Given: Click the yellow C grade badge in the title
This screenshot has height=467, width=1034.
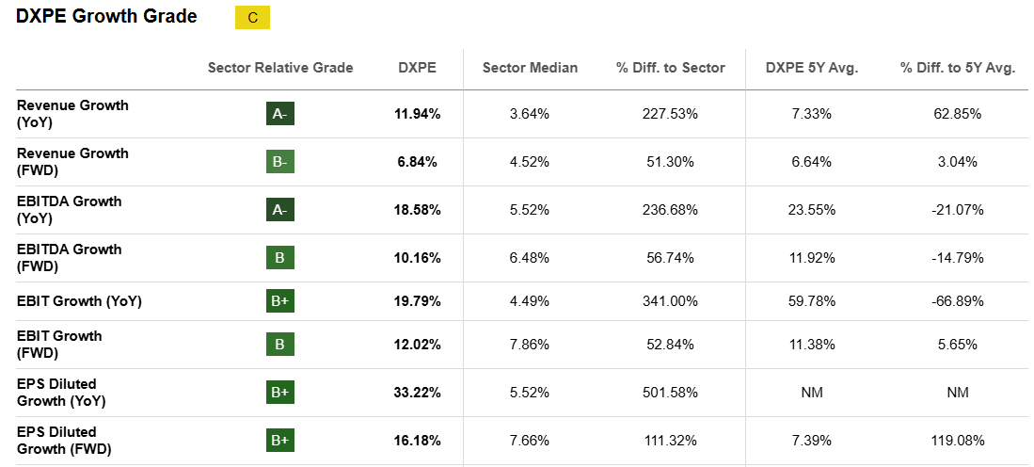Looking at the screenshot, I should (252, 18).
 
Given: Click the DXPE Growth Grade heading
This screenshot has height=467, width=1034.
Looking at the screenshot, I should (106, 17).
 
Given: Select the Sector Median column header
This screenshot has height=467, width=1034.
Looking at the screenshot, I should (530, 68).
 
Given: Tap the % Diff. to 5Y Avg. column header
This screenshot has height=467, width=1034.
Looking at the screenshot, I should (957, 68).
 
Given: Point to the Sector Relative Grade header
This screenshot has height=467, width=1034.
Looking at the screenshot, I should (280, 68).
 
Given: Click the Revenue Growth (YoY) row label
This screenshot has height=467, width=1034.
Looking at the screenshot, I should (72, 114).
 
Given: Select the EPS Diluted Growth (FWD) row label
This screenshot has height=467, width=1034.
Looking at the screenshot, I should (64, 440).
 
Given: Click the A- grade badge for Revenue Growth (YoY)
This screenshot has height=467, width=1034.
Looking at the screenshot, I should (280, 114).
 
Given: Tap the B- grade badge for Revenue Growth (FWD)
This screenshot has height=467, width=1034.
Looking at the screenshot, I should (280, 162).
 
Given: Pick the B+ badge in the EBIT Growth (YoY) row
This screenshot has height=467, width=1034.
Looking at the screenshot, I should (280, 301).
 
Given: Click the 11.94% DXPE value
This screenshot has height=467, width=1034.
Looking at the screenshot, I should (417, 114).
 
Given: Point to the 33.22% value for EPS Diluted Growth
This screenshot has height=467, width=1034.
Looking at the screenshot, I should (417, 393).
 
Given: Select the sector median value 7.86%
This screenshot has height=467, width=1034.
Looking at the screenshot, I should (530, 345).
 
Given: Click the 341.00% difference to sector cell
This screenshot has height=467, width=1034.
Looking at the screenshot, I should (670, 301).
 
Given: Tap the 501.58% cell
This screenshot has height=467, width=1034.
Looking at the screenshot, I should (670, 393).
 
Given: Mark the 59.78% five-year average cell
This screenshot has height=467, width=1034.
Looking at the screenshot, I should (812, 301).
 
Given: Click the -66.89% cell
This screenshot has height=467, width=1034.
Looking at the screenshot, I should (957, 301).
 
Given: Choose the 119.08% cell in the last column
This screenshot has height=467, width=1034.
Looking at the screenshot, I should (957, 441).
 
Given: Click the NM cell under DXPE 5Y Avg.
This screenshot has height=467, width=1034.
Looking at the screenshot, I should (812, 393).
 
